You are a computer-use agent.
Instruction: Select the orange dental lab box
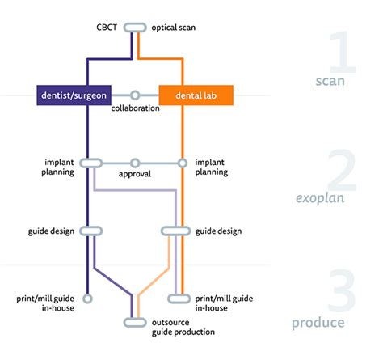click(x=196, y=95)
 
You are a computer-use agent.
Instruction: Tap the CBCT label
click(x=107, y=28)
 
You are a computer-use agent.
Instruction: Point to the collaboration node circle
click(x=135, y=95)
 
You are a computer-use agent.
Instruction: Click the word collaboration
click(x=135, y=108)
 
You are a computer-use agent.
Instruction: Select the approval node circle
click(x=135, y=163)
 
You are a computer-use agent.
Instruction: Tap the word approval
click(x=135, y=174)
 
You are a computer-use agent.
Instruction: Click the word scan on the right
click(x=334, y=82)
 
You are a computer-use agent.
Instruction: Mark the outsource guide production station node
click(x=135, y=322)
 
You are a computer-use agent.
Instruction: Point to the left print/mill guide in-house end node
click(x=88, y=298)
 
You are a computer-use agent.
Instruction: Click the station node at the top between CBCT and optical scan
click(x=135, y=28)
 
